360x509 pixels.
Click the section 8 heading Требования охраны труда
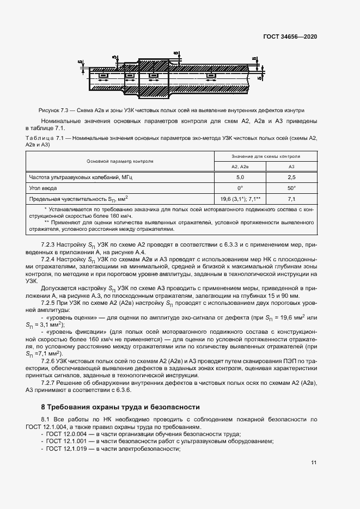click(x=120, y=407)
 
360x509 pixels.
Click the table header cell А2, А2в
click(x=240, y=167)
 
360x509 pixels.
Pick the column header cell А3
click(x=291, y=167)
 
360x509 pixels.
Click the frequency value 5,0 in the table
click(x=240, y=177)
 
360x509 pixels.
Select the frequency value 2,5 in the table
click(x=291, y=177)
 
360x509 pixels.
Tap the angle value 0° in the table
click(x=240, y=188)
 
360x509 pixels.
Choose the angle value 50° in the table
click(x=291, y=188)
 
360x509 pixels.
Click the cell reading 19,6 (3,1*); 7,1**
click(x=240, y=199)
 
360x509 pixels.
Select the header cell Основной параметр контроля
click(x=119, y=161)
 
